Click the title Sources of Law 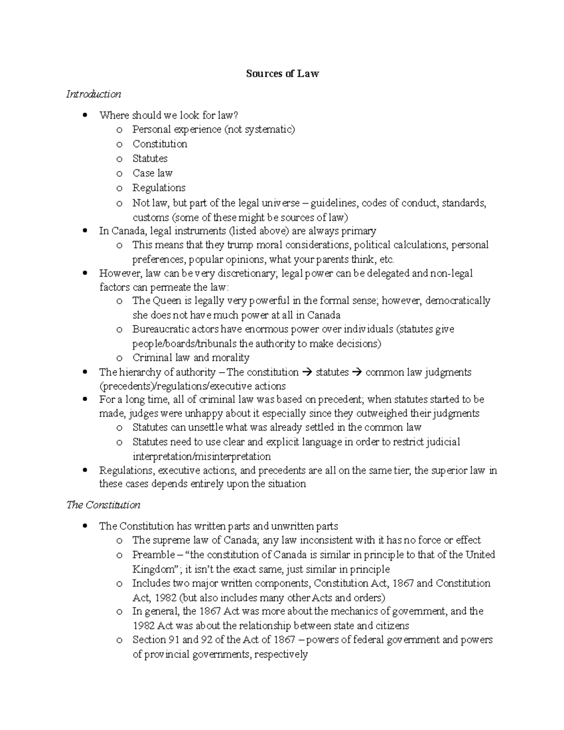click(x=282, y=73)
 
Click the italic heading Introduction click(x=94, y=94)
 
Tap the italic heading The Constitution click(x=103, y=505)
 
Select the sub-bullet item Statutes click(x=150, y=158)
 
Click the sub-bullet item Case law click(x=152, y=173)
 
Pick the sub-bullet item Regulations click(x=159, y=188)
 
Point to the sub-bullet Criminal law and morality click(x=191, y=358)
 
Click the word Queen click(x=167, y=300)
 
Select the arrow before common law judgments click(x=357, y=372)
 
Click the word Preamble click(x=153, y=555)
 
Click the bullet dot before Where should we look click(x=85, y=115)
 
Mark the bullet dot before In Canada click(x=85, y=231)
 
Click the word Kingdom click(x=153, y=569)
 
